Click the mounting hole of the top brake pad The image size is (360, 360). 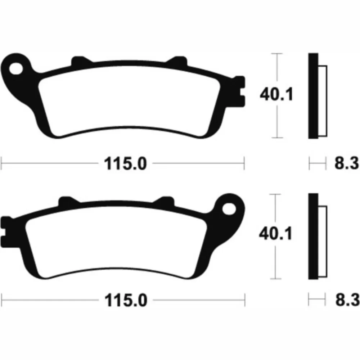16,68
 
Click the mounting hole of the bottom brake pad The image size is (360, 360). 229,209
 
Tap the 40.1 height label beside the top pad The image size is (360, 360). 276,94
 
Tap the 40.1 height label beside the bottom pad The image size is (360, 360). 275,233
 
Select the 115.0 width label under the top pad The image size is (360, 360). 125,164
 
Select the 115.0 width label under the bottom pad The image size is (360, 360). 126,300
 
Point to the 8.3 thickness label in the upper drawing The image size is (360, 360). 346,163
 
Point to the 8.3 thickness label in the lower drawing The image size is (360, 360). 347,300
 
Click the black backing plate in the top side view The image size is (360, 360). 313,96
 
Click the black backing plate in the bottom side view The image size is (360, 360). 313,237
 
